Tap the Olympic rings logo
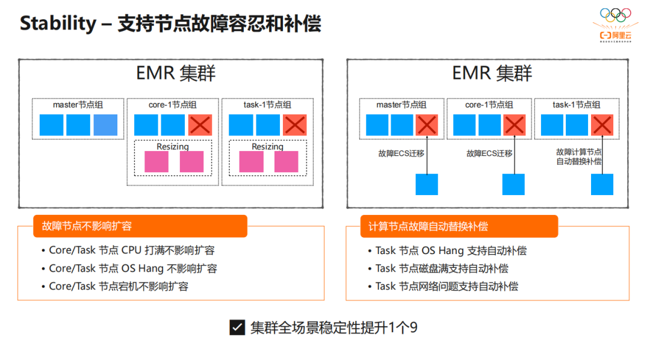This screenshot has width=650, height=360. click(x=615, y=14)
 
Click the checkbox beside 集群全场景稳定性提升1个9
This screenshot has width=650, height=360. click(x=237, y=327)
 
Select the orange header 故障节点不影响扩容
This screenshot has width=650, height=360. click(x=87, y=226)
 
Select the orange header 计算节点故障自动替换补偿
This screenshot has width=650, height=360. click(x=428, y=226)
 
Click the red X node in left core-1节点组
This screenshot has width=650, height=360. click(x=200, y=125)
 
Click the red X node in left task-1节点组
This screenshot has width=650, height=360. click(x=295, y=125)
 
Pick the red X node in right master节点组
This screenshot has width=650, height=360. click(x=427, y=125)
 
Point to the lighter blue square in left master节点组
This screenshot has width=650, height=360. click(x=105, y=125)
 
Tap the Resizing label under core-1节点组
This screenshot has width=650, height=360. click(x=173, y=146)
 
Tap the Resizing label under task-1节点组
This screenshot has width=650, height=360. click(x=267, y=146)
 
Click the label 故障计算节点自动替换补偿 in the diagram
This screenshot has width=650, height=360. click(x=578, y=157)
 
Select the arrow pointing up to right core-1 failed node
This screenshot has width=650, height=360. click(x=514, y=155)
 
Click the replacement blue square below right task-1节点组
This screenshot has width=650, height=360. click(x=602, y=184)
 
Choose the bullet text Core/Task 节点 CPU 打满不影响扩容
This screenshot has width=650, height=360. click(x=131, y=250)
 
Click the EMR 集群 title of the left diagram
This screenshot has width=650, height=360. click(x=176, y=73)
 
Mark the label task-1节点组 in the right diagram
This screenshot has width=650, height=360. click(x=576, y=105)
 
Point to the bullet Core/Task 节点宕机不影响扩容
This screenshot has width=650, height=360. click(x=119, y=287)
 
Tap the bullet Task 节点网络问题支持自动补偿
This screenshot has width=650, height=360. click(x=447, y=287)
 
